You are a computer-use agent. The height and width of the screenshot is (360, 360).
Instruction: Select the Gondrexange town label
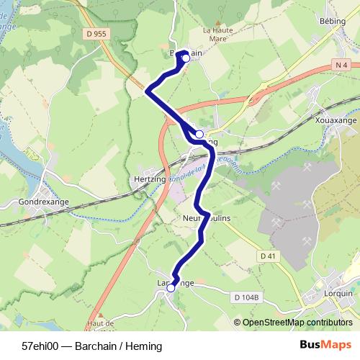pos(44,202)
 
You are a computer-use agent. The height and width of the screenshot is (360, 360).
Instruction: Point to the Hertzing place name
pos(150,178)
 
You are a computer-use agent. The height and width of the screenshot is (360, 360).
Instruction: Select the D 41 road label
pos(268,256)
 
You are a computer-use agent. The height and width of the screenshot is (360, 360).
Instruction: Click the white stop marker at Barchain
pos(185,59)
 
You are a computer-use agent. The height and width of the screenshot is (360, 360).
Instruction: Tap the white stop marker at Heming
pos(199,134)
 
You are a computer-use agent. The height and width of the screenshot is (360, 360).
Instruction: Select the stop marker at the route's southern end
pos(171,287)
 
